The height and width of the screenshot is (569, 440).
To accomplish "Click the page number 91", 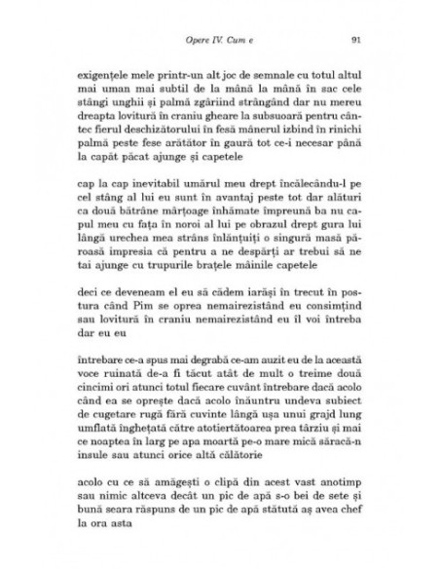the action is tap(356, 40).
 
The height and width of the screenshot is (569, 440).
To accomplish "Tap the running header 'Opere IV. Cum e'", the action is tap(219, 40).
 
